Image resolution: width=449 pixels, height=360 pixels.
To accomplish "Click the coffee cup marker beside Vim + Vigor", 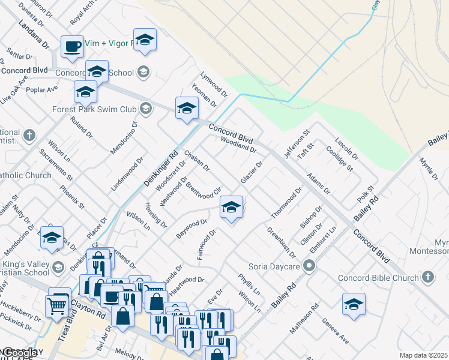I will (x=72, y=46).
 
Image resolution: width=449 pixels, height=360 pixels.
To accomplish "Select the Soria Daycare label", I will (x=276, y=265).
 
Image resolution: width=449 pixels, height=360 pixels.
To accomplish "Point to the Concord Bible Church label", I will (x=378, y=278).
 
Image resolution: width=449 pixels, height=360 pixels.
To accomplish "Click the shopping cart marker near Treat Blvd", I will (x=57, y=305).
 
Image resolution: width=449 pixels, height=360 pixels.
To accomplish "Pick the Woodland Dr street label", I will (x=238, y=144).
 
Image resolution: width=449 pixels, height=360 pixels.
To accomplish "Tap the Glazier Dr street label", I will (x=252, y=172).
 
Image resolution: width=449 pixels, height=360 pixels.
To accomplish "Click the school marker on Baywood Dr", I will (x=231, y=207).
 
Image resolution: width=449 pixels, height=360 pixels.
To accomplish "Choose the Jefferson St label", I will (x=297, y=144).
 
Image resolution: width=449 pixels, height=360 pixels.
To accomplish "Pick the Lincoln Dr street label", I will (x=346, y=149).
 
